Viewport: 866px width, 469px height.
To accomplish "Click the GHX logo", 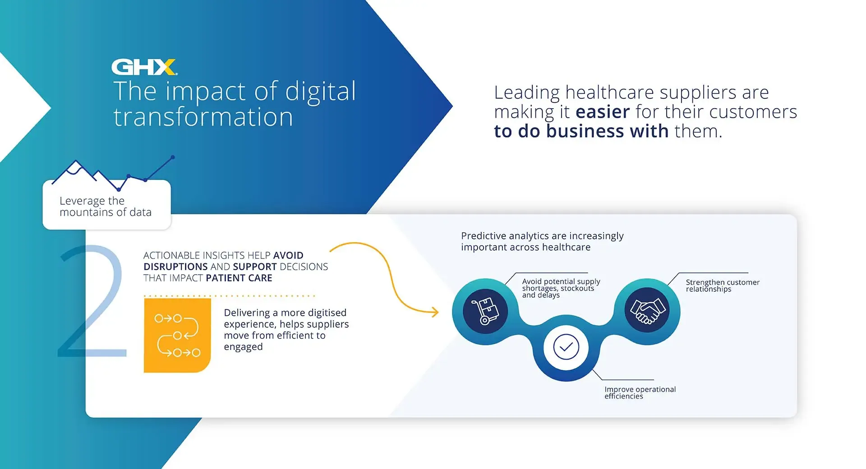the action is click(x=144, y=67).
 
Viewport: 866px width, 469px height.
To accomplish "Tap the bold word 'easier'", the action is click(x=603, y=112).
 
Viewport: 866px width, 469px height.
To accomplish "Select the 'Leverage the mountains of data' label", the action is click(x=106, y=207).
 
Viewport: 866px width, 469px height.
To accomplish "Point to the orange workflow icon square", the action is click(x=177, y=335).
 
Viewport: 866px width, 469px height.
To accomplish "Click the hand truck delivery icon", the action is click(x=485, y=311).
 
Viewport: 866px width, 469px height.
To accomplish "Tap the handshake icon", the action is click(x=647, y=310).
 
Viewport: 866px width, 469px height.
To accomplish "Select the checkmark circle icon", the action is click(x=566, y=347).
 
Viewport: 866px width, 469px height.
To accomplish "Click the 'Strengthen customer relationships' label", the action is click(x=723, y=285).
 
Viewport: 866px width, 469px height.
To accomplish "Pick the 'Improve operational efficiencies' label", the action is click(x=640, y=392).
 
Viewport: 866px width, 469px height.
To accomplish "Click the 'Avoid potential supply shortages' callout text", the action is click(x=561, y=288).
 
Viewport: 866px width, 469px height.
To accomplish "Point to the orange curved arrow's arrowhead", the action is click(x=435, y=312).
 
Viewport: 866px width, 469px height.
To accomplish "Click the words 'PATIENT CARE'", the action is click(x=239, y=278).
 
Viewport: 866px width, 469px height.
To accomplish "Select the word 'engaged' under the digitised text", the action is click(x=243, y=347).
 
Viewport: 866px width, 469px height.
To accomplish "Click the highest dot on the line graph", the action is click(x=173, y=157).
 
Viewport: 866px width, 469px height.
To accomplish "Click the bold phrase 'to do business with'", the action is click(x=581, y=131).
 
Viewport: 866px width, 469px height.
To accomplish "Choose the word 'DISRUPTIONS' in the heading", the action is click(x=175, y=267).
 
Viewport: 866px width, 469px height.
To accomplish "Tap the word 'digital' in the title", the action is click(x=321, y=92).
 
